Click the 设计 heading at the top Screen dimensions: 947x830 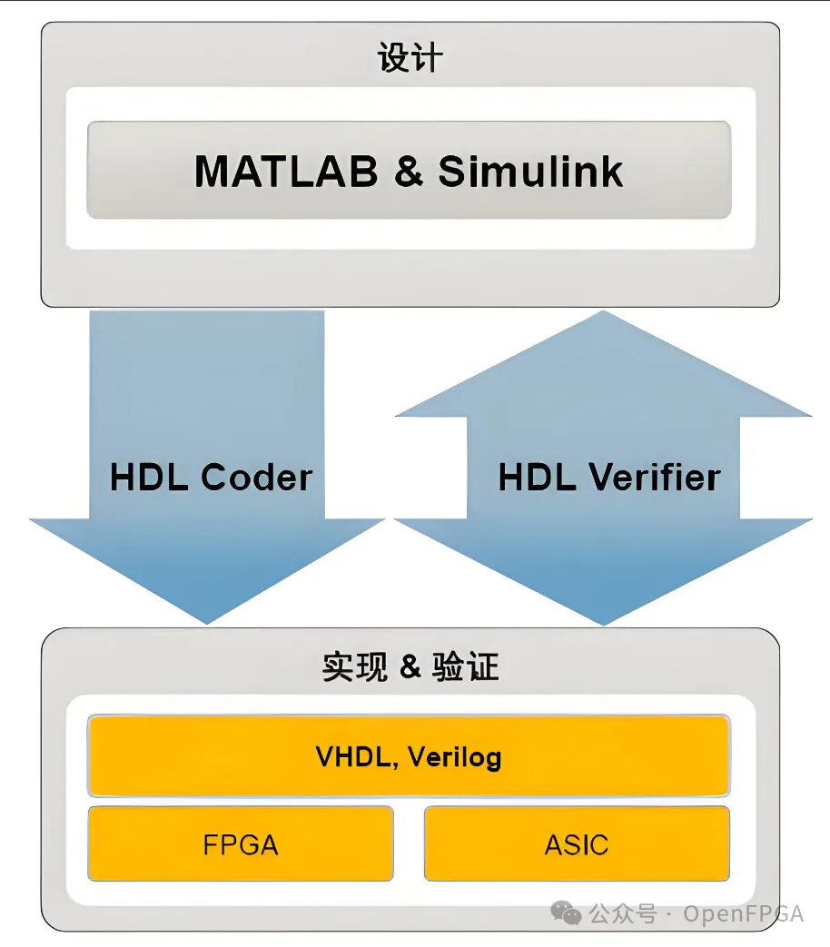point(410,59)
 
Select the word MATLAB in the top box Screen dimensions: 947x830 point(285,171)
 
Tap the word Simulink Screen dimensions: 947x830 point(531,171)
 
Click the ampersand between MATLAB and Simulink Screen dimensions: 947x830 point(409,171)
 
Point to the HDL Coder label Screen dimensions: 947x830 point(211,477)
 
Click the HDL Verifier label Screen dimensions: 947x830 point(608,477)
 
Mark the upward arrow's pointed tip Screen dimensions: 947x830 point(603,315)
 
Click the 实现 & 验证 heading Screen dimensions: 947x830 point(410,667)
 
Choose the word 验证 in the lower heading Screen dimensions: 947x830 point(469,667)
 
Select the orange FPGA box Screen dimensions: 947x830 point(241,843)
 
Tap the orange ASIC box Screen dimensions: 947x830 point(577,843)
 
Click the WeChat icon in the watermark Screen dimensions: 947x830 point(569,912)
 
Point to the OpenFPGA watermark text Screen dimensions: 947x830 point(744,913)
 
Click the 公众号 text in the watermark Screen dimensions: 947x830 point(622,913)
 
